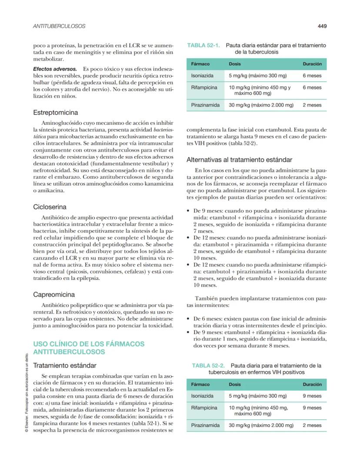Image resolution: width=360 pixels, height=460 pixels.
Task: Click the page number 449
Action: pos(322,26)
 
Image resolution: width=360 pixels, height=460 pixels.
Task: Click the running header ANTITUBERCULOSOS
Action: pos(59,26)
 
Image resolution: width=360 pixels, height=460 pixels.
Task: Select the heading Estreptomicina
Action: pos(56,112)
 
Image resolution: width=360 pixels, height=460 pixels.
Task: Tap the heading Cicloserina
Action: pos(50,207)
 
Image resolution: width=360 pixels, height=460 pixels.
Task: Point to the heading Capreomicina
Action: pos(54,294)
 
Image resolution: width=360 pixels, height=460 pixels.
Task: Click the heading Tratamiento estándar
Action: pos(65,365)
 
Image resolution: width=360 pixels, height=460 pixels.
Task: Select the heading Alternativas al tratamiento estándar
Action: pos(239,160)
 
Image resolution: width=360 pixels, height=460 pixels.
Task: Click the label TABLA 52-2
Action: pos(208,366)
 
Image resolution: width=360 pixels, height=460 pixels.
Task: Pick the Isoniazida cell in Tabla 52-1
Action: pos(202,76)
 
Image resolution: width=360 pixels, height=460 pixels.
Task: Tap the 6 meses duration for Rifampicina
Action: pos(312,87)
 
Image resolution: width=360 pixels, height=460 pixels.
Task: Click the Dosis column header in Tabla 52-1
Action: pos(235,64)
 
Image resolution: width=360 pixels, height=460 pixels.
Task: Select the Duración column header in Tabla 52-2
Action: pos(312,384)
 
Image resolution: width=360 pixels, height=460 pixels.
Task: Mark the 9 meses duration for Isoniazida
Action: pos(312,396)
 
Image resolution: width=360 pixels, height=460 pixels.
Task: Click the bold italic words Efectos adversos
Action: pos(55,69)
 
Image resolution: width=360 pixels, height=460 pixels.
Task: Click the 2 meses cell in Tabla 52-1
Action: pos(312,105)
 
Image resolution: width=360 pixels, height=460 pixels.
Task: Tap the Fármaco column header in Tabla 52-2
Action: pos(200,384)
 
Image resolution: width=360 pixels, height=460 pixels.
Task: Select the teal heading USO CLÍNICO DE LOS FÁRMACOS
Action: pos(89,343)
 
